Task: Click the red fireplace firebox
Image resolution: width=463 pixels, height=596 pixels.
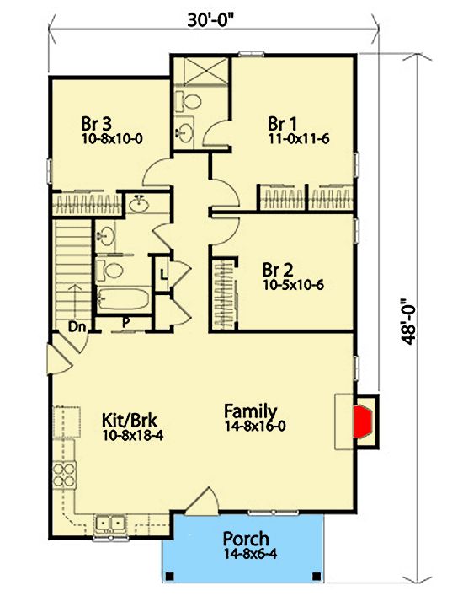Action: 363,421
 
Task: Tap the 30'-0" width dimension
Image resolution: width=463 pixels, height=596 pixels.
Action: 210,20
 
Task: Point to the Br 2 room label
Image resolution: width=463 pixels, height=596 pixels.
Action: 278,271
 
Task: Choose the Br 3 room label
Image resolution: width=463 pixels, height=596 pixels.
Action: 96,124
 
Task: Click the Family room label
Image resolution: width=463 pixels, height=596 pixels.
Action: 251,411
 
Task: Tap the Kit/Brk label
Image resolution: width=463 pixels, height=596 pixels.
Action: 130,421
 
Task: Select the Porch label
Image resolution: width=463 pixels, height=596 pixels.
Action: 246,539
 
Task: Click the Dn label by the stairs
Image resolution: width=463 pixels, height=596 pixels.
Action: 77,326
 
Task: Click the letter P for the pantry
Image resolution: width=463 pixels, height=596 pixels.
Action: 126,322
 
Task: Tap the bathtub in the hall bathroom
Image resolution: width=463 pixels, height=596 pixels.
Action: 123,298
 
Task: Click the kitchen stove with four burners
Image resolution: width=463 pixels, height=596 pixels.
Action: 64,475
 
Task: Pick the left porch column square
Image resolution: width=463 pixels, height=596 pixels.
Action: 170,577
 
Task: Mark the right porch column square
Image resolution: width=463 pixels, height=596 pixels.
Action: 317,577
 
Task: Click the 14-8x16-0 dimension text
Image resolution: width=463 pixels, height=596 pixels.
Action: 255,426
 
